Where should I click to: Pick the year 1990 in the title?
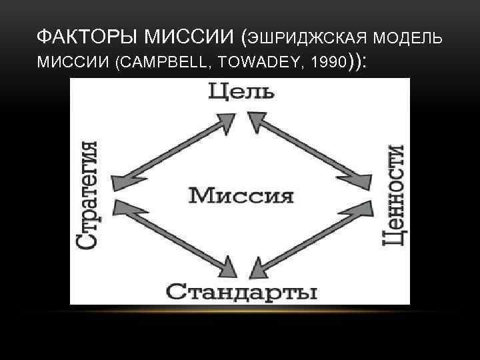(x=326, y=63)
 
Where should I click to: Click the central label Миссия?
(x=241, y=196)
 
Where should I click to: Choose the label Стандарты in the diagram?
(x=241, y=291)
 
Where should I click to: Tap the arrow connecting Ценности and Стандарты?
(x=309, y=237)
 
